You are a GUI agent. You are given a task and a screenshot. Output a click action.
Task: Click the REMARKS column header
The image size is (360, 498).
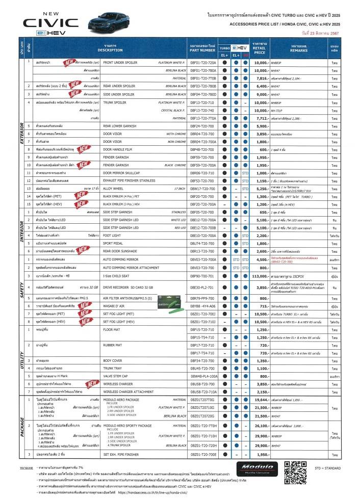(x=299, y=48)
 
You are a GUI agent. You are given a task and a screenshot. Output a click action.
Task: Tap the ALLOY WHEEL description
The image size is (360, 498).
(x=115, y=188)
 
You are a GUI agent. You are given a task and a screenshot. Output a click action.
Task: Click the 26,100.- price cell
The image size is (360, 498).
(x=261, y=425)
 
